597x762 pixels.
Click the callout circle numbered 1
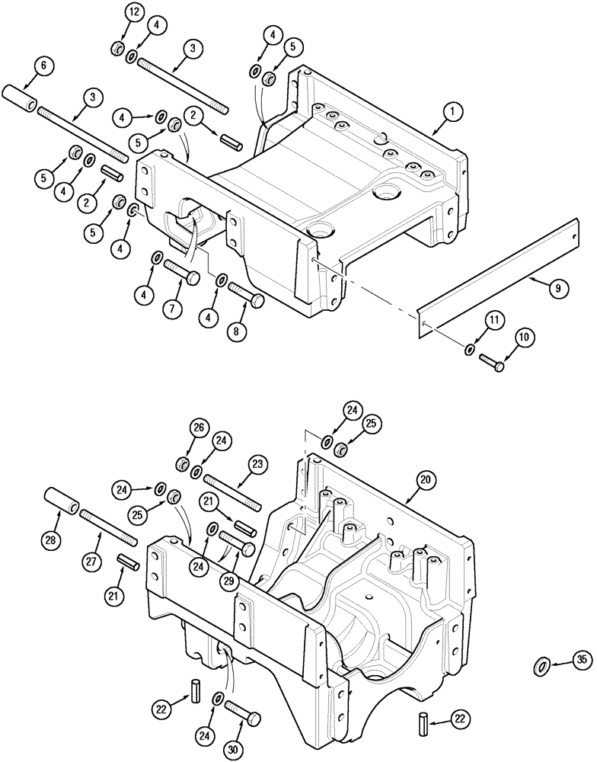[x=452, y=112]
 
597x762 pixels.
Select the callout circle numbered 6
[x=43, y=66]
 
